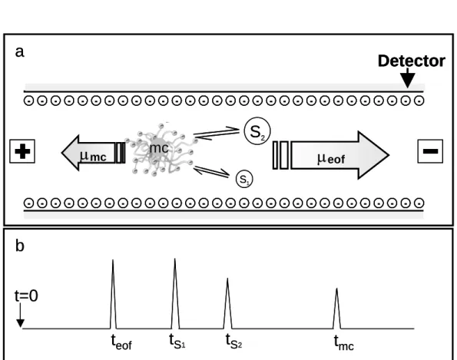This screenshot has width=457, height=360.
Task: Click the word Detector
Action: [411, 61]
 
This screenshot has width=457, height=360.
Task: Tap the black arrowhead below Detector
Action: [407, 78]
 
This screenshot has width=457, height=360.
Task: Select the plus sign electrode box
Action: [22, 151]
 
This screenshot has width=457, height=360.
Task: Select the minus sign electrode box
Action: [430, 151]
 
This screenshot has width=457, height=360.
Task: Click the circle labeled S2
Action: [257, 131]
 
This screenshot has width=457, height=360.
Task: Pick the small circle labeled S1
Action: [244, 179]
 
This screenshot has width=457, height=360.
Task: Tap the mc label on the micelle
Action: [159, 148]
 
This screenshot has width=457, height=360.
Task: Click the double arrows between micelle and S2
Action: [217, 134]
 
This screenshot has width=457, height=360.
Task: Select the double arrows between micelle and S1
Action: [211, 171]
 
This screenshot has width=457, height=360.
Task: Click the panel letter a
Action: [19, 52]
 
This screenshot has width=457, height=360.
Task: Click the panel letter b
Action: [19, 246]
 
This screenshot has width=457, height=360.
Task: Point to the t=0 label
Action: [26, 296]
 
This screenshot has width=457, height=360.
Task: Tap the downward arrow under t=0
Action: [20, 315]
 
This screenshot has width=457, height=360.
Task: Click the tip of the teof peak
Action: [113, 259]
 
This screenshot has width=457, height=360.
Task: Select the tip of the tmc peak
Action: [337, 288]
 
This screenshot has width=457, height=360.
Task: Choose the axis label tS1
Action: [177, 341]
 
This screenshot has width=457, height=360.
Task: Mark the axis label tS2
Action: [233, 341]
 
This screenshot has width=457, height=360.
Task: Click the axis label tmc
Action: [344, 342]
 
